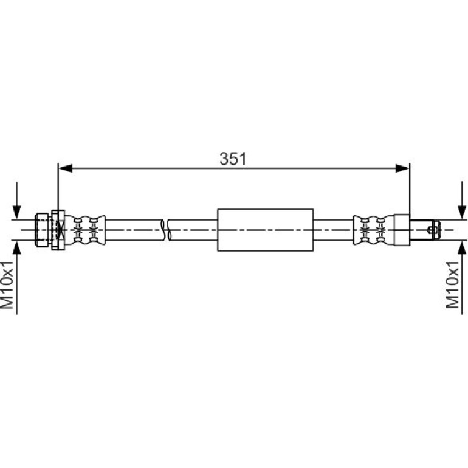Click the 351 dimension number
pos(233,159)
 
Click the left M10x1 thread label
pos(7,284)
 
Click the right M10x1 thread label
pos(452,284)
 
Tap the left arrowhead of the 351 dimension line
pos(66,168)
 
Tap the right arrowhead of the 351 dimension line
pos(402,168)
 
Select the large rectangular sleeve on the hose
pos(266,230)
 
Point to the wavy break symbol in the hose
pos(167,230)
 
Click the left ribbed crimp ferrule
pos(85,230)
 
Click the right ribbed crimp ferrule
pos(373,230)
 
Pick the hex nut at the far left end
pos(42,230)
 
